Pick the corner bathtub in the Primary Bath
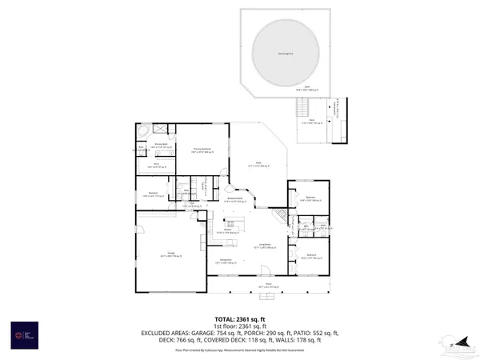(142, 130)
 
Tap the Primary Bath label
(155, 144)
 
